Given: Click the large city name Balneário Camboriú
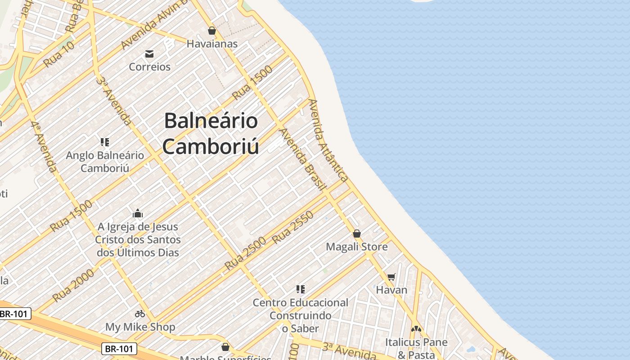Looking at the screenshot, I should click(x=211, y=134).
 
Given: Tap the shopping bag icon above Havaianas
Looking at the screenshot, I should click(x=212, y=31).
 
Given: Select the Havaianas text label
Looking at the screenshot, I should click(x=212, y=44).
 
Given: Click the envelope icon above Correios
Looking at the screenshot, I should click(x=149, y=54).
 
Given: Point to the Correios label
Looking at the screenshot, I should click(x=150, y=67).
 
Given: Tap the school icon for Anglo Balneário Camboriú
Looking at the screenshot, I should click(x=105, y=142).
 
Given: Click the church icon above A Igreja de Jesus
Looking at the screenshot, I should click(x=138, y=213).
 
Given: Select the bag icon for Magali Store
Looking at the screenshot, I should click(x=357, y=234).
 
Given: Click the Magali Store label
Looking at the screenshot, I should click(x=357, y=247).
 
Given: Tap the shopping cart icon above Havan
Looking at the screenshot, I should click(x=391, y=277).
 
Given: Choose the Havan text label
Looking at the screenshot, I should click(x=391, y=290).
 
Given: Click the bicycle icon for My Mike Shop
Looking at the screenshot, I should click(x=140, y=314).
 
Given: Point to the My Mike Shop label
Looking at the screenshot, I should click(x=140, y=327).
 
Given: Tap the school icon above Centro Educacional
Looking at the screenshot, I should click(x=301, y=289).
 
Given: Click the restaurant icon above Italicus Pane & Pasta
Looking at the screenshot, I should click(x=416, y=329).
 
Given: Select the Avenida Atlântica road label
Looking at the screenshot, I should click(x=328, y=140).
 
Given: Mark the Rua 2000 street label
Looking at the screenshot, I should click(x=73, y=284).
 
